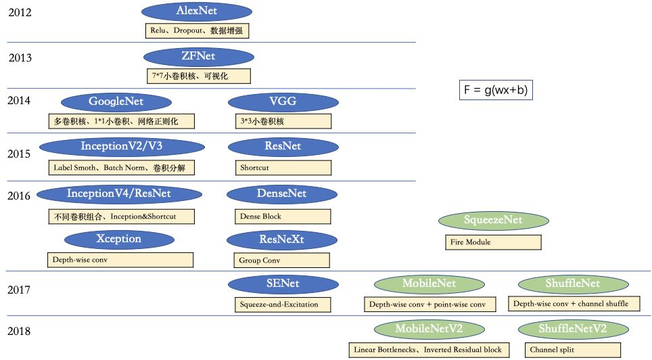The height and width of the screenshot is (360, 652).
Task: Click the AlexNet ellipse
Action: click(x=197, y=12)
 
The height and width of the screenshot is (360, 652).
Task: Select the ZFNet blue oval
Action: click(x=198, y=56)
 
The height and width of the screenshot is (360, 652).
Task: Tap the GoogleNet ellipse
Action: click(x=116, y=102)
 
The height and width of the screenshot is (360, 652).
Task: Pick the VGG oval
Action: click(x=283, y=102)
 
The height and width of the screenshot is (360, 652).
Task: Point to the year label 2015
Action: click(x=19, y=154)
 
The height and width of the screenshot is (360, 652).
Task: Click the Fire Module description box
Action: click(x=493, y=242)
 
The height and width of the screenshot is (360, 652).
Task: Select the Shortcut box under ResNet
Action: click(x=283, y=167)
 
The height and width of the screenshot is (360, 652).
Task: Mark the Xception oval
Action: click(x=118, y=239)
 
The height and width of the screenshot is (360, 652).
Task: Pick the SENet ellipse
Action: click(x=283, y=284)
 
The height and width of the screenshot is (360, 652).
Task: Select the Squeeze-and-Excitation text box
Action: click(x=283, y=305)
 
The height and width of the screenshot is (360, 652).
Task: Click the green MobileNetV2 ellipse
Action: click(x=429, y=329)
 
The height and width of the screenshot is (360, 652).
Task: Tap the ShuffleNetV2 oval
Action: click(x=572, y=329)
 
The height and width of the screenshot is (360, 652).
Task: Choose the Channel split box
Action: click(x=572, y=350)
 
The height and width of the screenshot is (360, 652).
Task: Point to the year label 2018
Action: click(x=19, y=332)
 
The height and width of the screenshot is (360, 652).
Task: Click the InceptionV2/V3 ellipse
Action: click(x=122, y=147)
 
